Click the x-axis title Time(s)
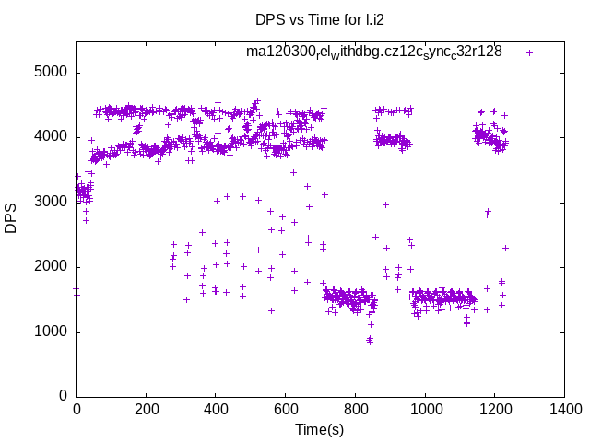click(x=319, y=430)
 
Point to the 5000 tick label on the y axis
click(x=51, y=73)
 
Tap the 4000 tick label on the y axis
click(x=51, y=137)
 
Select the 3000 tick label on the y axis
click(x=51, y=203)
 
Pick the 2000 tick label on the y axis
click(x=51, y=267)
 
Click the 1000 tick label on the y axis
click(x=51, y=332)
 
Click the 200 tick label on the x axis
click(x=146, y=412)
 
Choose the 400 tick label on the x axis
click(x=216, y=412)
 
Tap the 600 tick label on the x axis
click(x=286, y=412)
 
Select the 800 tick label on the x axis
click(x=356, y=412)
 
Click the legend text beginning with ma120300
click(x=373, y=52)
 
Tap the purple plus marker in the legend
click(x=529, y=52)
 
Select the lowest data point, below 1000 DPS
click(x=370, y=341)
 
